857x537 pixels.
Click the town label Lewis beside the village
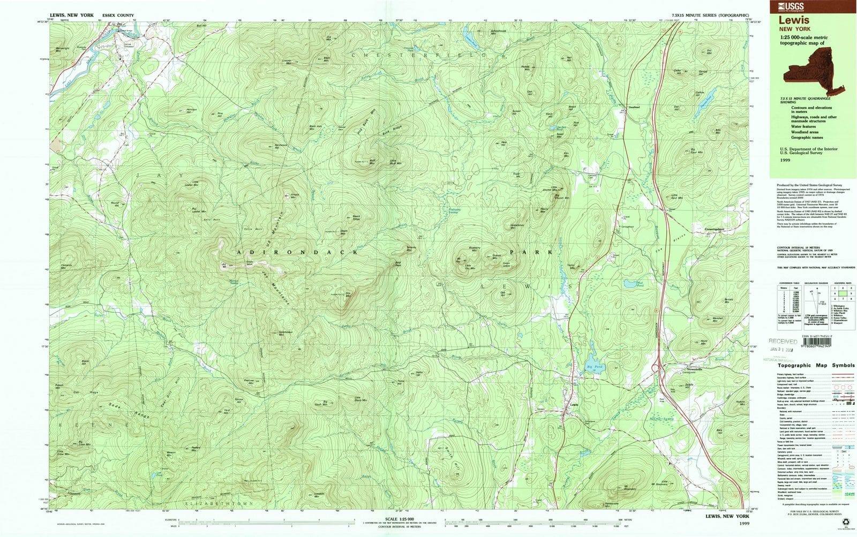coord(575,404)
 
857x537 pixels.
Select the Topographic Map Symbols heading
coord(813,365)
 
